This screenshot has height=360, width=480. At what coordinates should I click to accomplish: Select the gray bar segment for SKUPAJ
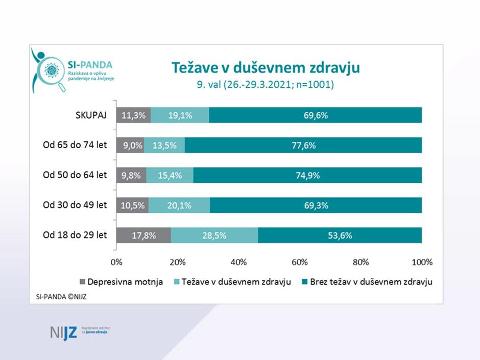pyautogui.click(x=134, y=115)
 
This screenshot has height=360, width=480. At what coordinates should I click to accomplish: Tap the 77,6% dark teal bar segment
pyautogui.click(x=303, y=145)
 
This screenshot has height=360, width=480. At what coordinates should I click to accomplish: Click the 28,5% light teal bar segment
pyautogui.click(x=214, y=235)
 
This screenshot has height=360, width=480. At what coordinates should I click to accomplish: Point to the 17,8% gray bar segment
pyautogui.click(x=144, y=235)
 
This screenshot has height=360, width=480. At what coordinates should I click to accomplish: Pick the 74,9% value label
pyautogui.click(x=307, y=175)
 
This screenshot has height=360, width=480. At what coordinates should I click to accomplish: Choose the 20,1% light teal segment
pyautogui.click(x=179, y=205)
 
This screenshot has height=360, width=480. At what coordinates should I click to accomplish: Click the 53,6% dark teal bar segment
pyautogui.click(x=340, y=235)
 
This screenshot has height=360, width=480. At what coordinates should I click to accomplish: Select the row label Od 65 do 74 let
pyautogui.click(x=75, y=145)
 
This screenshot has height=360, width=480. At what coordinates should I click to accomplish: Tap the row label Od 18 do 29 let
pyautogui.click(x=75, y=235)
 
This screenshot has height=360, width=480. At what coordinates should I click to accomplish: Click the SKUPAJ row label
pyautogui.click(x=88, y=115)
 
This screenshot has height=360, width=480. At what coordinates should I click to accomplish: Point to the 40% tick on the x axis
pyautogui.click(x=238, y=262)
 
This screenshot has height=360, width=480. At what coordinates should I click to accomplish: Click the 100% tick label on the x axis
pyautogui.click(x=422, y=262)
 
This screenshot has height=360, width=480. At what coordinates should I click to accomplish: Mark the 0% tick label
pyautogui.click(x=116, y=262)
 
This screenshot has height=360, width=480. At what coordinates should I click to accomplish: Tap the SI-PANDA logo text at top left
pyautogui.click(x=90, y=65)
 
